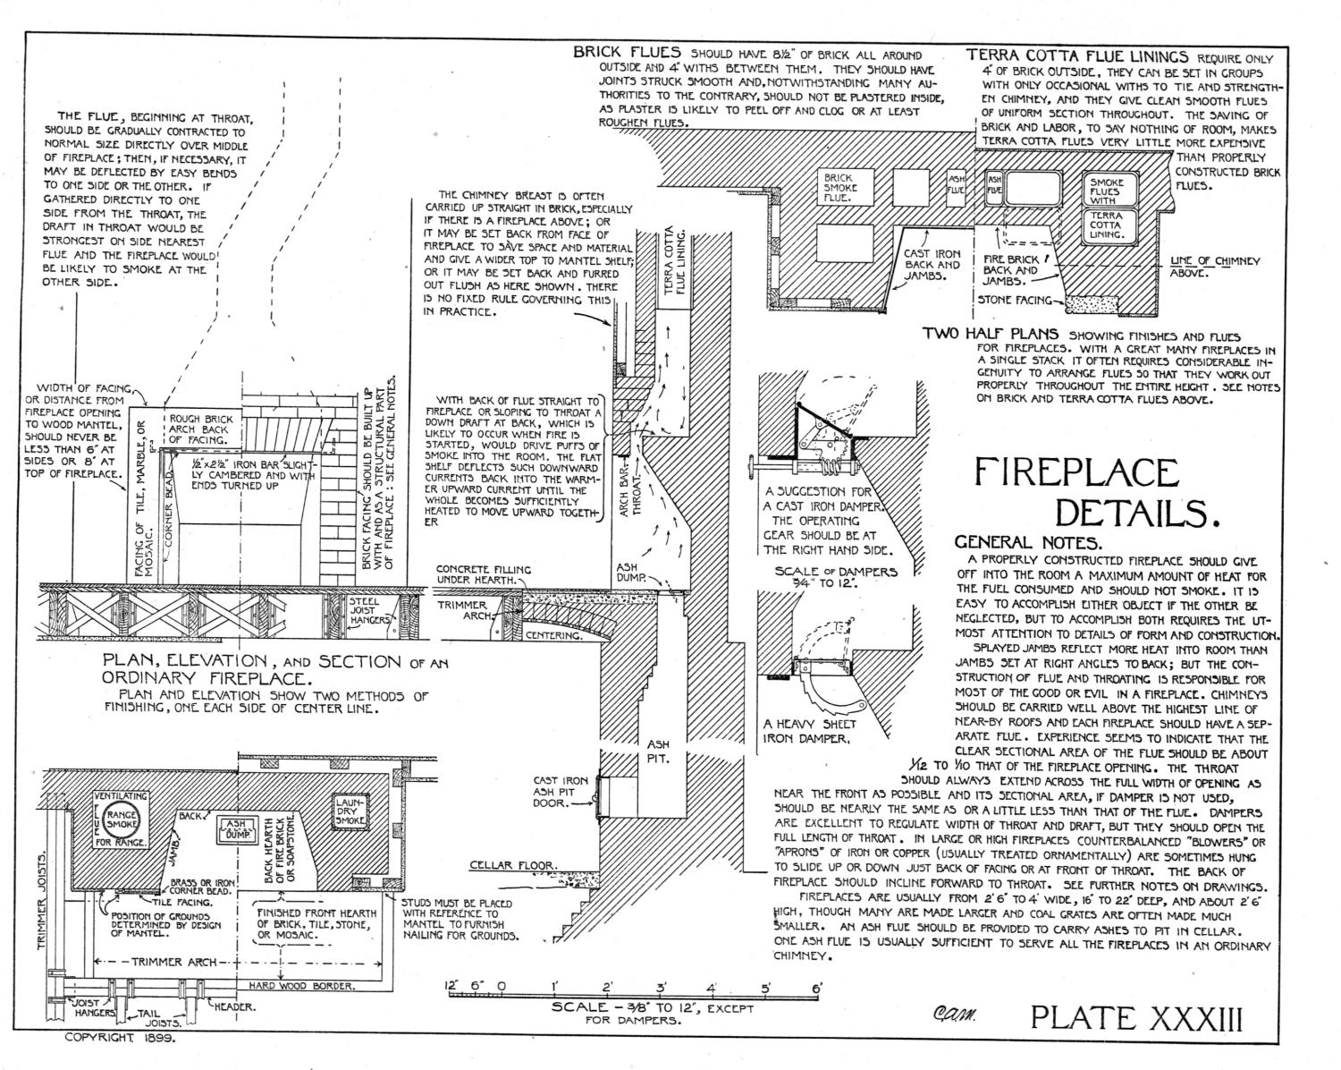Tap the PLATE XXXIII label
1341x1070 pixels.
[1136, 1018]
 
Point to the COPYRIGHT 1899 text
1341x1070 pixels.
[121, 1055]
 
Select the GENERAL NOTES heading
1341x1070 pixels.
[1028, 542]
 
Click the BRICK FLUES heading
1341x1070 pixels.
[627, 53]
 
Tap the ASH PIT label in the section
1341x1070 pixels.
[658, 752]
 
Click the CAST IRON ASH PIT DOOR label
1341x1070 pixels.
[561, 791]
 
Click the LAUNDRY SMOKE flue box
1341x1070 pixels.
[350, 811]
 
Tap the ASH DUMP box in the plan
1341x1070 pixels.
[237, 828]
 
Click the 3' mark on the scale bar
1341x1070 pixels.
[662, 988]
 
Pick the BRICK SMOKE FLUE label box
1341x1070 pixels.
[840, 188]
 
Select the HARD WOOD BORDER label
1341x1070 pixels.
[301, 986]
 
